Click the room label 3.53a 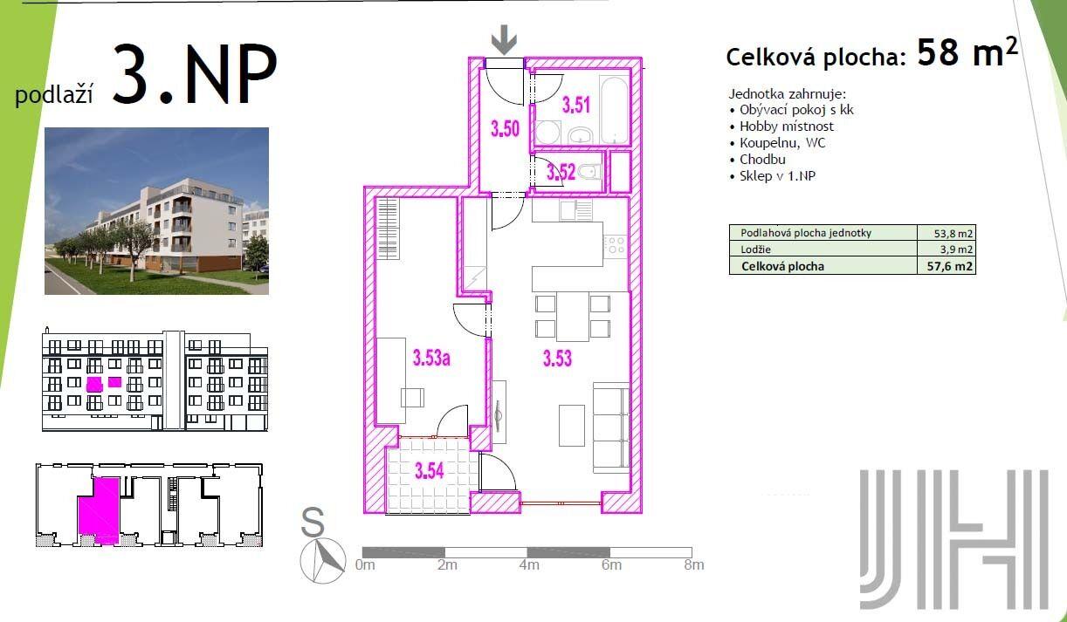(431, 358)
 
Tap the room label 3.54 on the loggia (430, 471)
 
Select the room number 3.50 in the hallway (505, 128)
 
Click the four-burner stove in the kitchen (615, 245)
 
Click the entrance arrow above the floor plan (504, 40)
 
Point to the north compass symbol (323, 561)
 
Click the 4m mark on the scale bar (529, 565)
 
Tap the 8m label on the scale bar (693, 565)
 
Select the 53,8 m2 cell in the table (947, 233)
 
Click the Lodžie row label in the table (755, 249)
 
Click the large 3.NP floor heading (195, 74)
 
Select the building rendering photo (156, 211)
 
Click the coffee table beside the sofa (572, 426)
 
